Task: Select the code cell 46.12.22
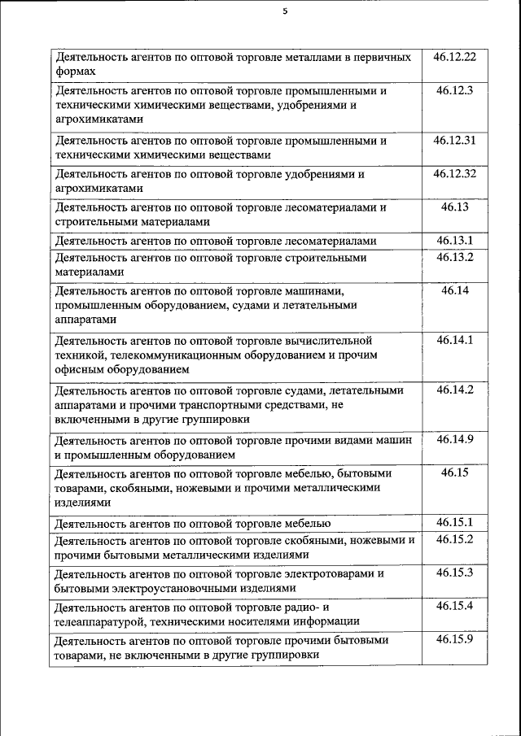[455, 57]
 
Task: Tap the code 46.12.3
[455, 90]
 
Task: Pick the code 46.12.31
[455, 140]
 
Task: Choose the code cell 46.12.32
[455, 173]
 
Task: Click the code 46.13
[455, 207]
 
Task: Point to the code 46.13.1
[455, 240]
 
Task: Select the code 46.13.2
[455, 257]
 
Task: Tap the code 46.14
[455, 290]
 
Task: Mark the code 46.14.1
[455, 340]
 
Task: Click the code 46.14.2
[455, 390]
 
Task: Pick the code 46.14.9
[455, 439]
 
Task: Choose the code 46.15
[455, 473]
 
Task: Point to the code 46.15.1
[455, 522]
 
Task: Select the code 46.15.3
[455, 573]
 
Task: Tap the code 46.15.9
[455, 639]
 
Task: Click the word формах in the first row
[72, 72]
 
